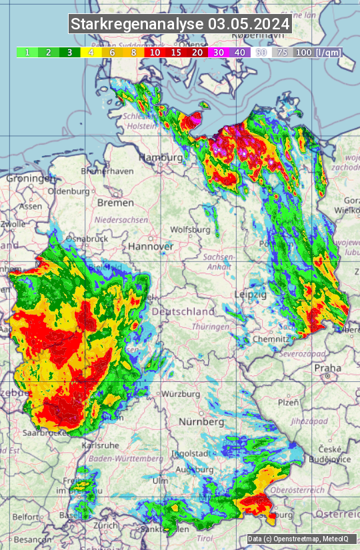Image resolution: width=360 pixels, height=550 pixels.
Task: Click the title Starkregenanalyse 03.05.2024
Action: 180,25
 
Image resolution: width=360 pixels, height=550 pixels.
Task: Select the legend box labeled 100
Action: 303,52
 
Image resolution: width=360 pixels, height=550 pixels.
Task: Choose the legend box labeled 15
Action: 176,52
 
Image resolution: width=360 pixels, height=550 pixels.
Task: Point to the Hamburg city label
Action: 161,157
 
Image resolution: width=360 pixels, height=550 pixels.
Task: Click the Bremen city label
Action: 115,202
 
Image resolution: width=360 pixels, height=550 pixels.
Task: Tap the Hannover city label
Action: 151,246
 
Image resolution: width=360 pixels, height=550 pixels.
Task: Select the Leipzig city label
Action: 251,294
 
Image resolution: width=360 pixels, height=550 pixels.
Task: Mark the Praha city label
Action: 327,367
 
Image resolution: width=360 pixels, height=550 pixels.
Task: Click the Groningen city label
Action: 31,179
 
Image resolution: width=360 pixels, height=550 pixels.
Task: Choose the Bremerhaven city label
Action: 107,171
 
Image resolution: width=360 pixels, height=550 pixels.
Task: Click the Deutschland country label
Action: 183,311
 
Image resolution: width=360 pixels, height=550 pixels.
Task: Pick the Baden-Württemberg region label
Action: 126,459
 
